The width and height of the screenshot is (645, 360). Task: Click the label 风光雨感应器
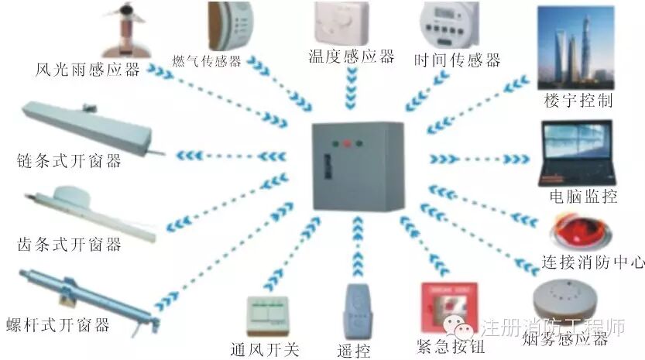coord(87,70)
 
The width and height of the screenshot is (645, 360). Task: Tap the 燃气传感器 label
coord(207,61)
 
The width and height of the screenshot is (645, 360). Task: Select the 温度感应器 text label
coord(351,56)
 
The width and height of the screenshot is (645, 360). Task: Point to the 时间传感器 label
coord(457,60)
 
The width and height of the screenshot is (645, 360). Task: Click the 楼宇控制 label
coord(578,101)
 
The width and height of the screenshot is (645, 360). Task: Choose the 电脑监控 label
coord(583,196)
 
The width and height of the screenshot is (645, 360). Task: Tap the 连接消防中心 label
coord(594,262)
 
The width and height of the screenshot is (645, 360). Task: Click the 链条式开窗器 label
coord(69,162)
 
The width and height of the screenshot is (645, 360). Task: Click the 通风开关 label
coord(264,349)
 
